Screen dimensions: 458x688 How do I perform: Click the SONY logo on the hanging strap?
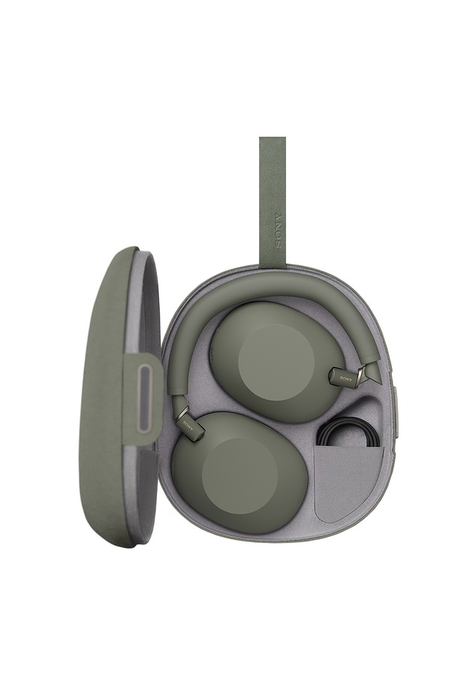(x=279, y=230)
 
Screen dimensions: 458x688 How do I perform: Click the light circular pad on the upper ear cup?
(x=276, y=362)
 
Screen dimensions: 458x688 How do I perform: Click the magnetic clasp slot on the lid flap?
(x=143, y=399)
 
